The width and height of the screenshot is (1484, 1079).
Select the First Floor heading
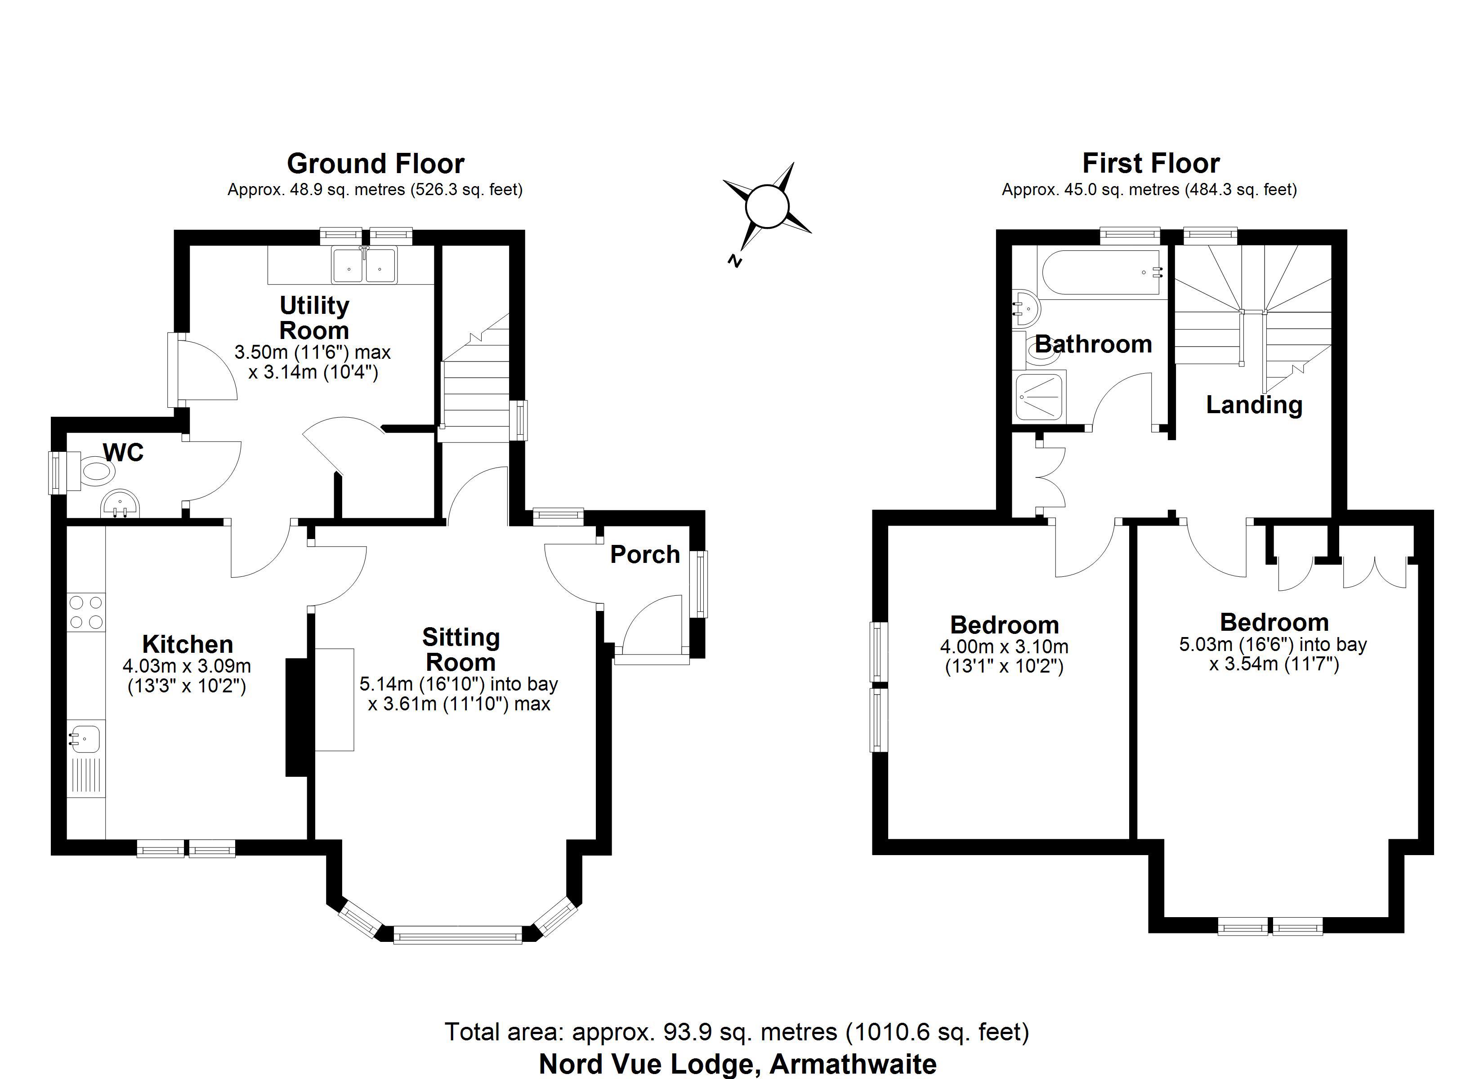(1151, 163)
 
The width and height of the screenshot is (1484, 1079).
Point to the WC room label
(123, 452)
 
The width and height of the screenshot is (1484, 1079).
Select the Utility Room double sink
(364, 265)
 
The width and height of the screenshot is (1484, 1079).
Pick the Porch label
(645, 555)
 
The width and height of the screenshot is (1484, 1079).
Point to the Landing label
(1254, 405)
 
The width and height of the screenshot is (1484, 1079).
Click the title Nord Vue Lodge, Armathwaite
(738, 1064)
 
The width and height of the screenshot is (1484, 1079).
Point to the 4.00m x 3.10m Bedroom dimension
(1004, 657)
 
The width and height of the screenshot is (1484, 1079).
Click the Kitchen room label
(188, 645)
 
